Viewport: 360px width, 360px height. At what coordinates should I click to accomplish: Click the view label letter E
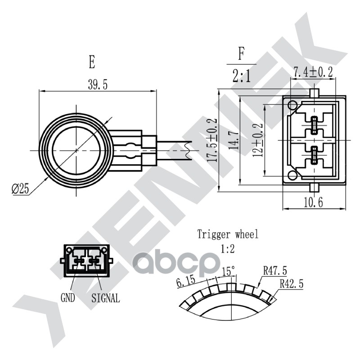point(92,62)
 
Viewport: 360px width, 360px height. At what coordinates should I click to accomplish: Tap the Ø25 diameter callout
point(20,189)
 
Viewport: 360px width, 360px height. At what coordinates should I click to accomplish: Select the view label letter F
point(242,55)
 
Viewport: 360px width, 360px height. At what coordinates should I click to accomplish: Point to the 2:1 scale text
point(242,77)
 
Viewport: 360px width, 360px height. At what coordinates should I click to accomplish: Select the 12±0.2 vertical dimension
point(258,140)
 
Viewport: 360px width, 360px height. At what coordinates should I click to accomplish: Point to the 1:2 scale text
point(228,248)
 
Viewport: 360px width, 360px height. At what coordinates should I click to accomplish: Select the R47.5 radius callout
point(275,270)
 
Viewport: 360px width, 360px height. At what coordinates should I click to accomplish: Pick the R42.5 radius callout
point(291,284)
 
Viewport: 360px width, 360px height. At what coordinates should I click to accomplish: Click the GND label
point(67,297)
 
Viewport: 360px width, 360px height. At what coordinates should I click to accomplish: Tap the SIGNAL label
point(106,297)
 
